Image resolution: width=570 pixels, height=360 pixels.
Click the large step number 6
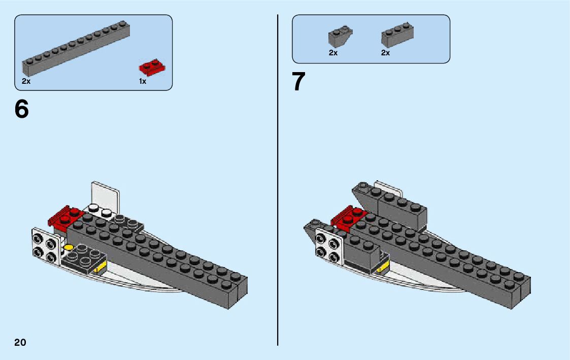tap(22, 109)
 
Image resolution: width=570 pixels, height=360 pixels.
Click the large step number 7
tap(299, 82)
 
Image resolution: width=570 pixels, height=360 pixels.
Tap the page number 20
tap(20, 342)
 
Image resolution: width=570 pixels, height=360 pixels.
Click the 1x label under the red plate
tap(143, 81)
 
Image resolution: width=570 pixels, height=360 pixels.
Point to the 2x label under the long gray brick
tap(26, 81)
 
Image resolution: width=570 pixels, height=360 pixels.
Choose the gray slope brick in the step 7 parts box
tap(340, 37)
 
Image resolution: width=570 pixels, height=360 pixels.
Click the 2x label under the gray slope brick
tap(333, 53)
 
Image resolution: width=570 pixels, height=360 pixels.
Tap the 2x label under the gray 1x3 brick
tap(386, 53)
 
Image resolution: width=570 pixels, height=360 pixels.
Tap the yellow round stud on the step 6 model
tap(69, 248)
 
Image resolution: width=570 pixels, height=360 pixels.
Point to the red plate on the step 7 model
tap(345, 217)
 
